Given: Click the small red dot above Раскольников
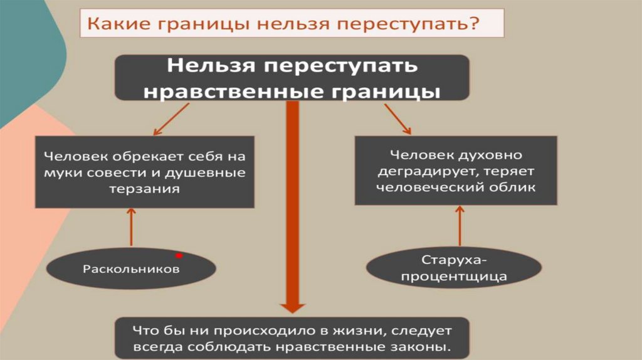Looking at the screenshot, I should tap(179, 255).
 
